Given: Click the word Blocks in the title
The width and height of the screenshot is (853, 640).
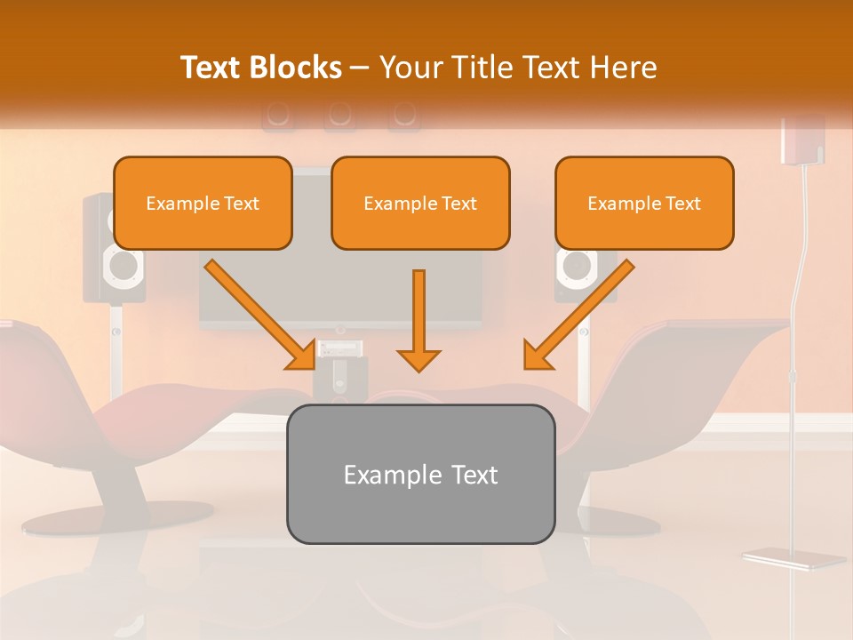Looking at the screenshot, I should tap(296, 68).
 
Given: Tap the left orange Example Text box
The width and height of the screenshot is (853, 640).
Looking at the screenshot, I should tap(203, 203).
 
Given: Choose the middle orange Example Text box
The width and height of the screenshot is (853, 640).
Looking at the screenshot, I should tap(420, 203).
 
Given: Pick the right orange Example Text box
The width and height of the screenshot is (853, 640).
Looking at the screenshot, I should tap(644, 203).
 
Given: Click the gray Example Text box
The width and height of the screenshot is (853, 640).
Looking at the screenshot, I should tap(420, 474).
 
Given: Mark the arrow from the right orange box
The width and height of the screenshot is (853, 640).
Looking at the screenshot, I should tap(578, 315).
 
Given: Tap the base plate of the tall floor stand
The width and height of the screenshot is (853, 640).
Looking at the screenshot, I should tap(793, 558).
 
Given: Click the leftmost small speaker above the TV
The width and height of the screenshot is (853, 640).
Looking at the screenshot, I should tap(277, 115).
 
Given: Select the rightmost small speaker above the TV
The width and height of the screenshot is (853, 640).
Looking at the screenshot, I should tap(403, 115).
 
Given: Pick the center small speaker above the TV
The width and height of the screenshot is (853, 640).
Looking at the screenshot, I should tap(339, 115).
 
